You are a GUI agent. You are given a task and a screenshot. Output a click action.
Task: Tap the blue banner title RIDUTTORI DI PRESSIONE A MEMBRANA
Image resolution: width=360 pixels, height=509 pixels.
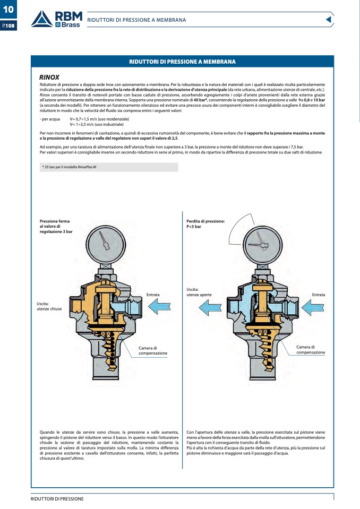pos(182,62)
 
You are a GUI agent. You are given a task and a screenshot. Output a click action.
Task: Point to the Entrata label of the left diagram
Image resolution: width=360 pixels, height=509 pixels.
pos(153,295)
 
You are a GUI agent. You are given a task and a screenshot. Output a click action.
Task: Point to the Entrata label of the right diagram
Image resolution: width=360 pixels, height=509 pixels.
pos(319,295)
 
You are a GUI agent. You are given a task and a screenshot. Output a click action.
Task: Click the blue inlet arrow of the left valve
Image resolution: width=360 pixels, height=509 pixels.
pos(160,306)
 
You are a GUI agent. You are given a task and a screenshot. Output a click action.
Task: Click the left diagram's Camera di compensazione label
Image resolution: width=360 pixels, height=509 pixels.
pos(153,350)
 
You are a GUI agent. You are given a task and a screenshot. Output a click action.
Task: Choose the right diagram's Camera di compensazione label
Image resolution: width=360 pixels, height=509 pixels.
pos(311,350)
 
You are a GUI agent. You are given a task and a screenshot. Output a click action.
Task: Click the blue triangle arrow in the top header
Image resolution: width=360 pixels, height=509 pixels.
pos(328,20)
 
